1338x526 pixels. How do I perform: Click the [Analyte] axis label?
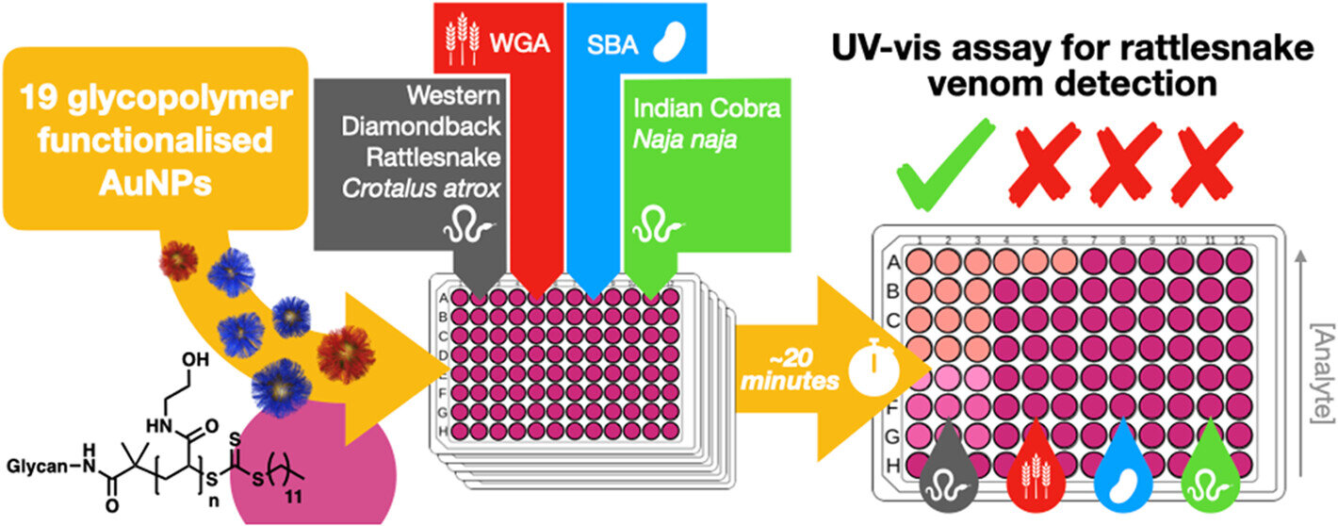[x=1319, y=387]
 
